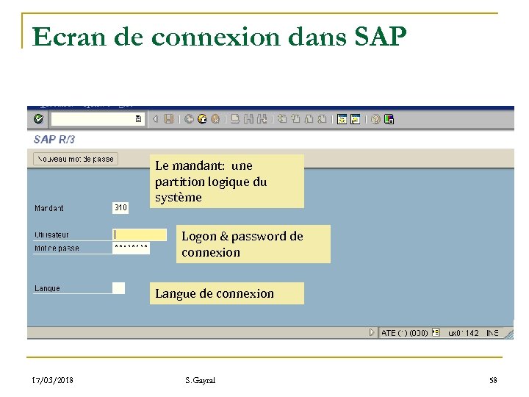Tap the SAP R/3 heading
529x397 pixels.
pyautogui.click(x=54, y=139)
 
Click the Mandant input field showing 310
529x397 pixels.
pyautogui.click(x=120, y=208)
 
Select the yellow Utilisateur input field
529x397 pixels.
pyautogui.click(x=140, y=235)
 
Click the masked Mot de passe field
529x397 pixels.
pyautogui.click(x=132, y=248)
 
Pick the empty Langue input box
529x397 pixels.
pyautogui.click(x=118, y=288)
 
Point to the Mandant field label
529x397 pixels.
pyautogui.click(x=49, y=209)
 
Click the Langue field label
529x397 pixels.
pyautogui.click(x=48, y=288)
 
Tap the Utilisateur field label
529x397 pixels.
pyautogui.click(x=51, y=235)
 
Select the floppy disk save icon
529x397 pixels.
pyautogui.click(x=169, y=118)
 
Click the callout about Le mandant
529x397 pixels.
pyautogui.click(x=226, y=182)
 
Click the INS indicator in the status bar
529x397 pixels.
pyautogui.click(x=492, y=333)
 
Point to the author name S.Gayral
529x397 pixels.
pyautogui.click(x=201, y=380)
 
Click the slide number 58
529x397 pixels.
pyautogui.click(x=493, y=380)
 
